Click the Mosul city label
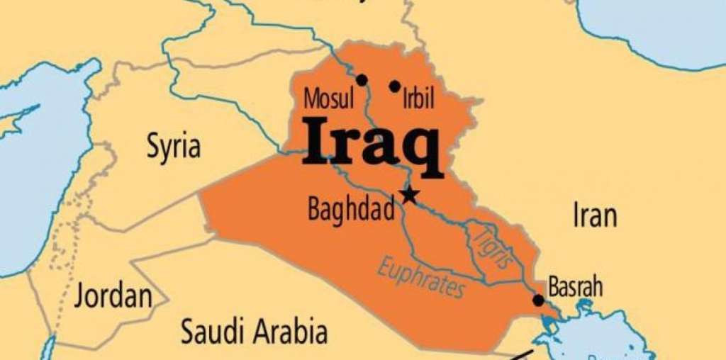[x=328, y=99]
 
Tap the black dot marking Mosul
[x=362, y=80]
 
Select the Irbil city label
[x=418, y=99]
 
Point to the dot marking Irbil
[x=395, y=86]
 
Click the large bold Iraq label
[x=372, y=142]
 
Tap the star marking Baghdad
[x=409, y=195]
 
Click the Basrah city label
[x=575, y=287]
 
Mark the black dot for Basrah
[x=538, y=300]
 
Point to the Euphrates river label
[x=421, y=277]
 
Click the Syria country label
[x=173, y=147]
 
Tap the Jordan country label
[x=113, y=295]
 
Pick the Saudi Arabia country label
[x=254, y=332]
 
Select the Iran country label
[x=594, y=216]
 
